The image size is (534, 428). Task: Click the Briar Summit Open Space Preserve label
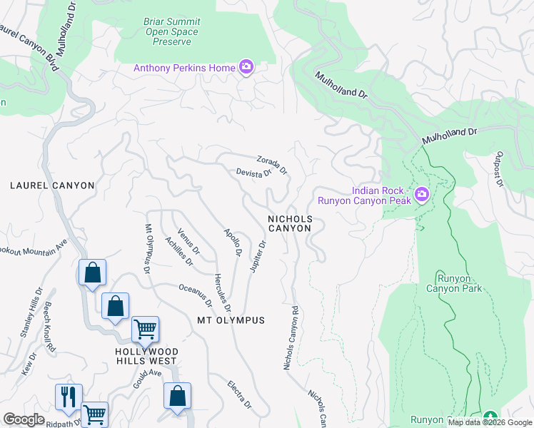click(x=168, y=31)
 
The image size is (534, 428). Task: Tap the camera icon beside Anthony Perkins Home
click(x=246, y=67)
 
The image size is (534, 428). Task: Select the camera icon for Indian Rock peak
click(x=421, y=194)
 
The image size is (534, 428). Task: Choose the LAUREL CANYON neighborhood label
click(x=52, y=185)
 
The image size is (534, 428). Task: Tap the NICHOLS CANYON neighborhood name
click(x=289, y=223)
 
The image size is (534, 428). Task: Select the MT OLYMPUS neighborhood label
click(x=231, y=320)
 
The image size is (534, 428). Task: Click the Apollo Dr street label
click(x=233, y=243)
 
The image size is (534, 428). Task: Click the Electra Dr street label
click(x=240, y=394)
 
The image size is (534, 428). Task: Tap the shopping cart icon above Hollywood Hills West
click(x=145, y=330)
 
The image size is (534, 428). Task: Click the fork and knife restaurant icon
click(x=69, y=397)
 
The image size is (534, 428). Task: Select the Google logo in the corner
click(x=24, y=419)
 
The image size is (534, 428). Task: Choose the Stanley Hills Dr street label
click(x=29, y=311)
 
